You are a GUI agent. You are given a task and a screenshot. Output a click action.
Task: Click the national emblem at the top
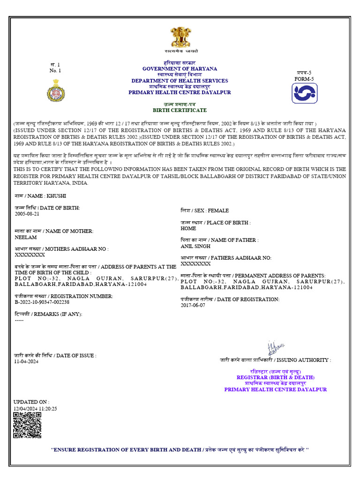[x=180, y=37]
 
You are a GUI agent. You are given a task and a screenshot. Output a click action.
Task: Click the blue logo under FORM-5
[x=305, y=93]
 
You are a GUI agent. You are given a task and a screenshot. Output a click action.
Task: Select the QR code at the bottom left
[x=27, y=425]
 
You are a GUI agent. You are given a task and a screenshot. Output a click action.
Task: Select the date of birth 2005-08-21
[x=27, y=213]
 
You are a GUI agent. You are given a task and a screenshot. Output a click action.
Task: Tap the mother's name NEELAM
[x=26, y=237]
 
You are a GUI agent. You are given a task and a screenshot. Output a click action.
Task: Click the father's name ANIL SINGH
[x=195, y=246]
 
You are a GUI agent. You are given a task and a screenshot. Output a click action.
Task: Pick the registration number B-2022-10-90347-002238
[x=42, y=302]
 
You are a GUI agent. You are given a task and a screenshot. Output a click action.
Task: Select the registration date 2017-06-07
[x=193, y=305]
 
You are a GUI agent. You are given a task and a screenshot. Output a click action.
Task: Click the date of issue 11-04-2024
[x=26, y=361]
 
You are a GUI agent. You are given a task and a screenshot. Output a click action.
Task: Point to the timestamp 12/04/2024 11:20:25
[x=35, y=408]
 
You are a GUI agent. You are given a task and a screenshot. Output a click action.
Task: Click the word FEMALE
[x=218, y=211]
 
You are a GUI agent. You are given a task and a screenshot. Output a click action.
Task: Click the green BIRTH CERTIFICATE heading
[x=180, y=110]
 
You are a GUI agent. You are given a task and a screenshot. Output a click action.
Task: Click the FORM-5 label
[x=304, y=79]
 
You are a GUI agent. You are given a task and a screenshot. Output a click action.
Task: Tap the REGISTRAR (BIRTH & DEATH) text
[x=276, y=377]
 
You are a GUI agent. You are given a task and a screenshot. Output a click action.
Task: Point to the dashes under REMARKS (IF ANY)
[x=19, y=320]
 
